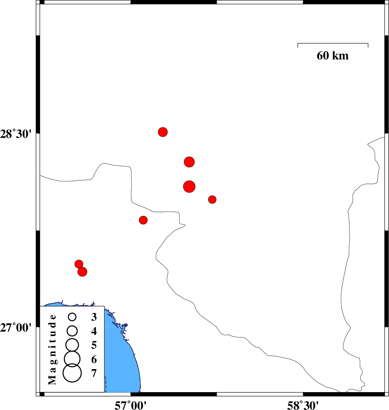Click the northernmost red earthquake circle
163,132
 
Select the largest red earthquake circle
189,186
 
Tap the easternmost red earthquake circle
212,200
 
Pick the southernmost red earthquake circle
82,272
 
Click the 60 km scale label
332,56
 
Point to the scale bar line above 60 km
333,43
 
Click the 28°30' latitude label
16,134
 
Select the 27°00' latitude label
16,327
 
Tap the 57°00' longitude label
130,405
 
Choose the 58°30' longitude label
303,405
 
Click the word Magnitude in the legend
52,349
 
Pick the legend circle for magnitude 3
72,317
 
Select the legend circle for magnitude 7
72,373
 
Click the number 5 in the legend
94,345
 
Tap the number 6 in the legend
94,359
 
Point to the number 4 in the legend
94,331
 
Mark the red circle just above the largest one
189,162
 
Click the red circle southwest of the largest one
143,220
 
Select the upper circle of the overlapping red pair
79,264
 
